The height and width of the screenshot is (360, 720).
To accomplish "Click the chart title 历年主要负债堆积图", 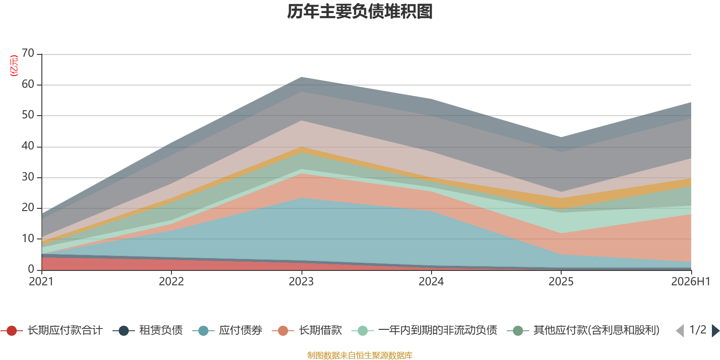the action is point(360,12).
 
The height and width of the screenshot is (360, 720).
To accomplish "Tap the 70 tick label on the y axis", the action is point(28,53).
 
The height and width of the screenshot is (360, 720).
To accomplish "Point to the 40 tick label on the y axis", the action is point(28,146).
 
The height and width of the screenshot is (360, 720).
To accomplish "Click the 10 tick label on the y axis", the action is point(28,238).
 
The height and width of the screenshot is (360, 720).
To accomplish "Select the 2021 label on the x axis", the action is point(41,282).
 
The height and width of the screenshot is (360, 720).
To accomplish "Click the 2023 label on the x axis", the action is point(301,282).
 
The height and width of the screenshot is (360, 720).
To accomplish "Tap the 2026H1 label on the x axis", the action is point(690,282).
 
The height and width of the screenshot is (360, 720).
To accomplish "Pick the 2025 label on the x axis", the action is point(561,282).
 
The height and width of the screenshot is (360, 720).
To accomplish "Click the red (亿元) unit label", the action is point(14,66).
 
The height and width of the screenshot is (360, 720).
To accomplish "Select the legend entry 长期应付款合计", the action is point(52,330).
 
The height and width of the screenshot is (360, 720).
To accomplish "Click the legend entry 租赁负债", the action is point(148,330).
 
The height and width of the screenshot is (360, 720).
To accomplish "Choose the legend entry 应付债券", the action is point(228,330).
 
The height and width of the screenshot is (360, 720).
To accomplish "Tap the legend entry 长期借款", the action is point(307,330).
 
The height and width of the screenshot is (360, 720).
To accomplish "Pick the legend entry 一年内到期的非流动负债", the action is point(425,330).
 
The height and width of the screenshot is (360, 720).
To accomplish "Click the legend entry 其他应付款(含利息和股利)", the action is point(583,330).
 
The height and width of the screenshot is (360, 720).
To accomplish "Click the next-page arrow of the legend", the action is point(715,331).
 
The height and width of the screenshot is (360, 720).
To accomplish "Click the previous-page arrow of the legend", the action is point(680,331).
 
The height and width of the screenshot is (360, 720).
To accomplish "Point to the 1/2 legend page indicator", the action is point(698,330).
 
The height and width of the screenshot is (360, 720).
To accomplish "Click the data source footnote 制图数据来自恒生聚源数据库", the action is point(360,355).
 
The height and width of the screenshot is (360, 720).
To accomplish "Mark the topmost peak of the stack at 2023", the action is point(301,77).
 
